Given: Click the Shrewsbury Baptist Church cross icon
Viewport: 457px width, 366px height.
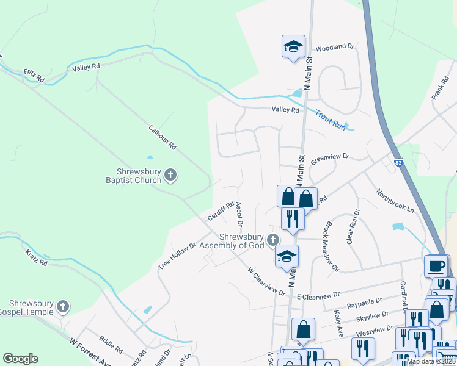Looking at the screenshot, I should pyautogui.click(x=170, y=176).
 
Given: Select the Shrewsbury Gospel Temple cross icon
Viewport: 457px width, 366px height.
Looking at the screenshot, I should pyautogui.click(x=62, y=307).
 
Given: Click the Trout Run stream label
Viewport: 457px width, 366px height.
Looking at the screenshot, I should pyautogui.click(x=331, y=120).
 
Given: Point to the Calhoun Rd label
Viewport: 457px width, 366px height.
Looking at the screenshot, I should pyautogui.click(x=163, y=137).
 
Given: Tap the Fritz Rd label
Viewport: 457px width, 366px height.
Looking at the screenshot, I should pyautogui.click(x=34, y=76).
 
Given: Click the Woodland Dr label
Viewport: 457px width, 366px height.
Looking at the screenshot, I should pyautogui.click(x=335, y=46).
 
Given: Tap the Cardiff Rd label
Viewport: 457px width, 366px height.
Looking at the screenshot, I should pyautogui.click(x=221, y=211).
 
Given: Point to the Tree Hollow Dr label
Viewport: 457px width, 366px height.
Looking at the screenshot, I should pyautogui.click(x=177, y=256).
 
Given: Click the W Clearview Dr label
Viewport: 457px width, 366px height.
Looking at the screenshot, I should pyautogui.click(x=266, y=281).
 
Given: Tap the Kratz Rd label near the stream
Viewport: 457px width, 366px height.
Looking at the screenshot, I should pyautogui.click(x=35, y=257).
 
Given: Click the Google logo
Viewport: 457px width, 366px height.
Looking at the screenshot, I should pyautogui.click(x=20, y=359).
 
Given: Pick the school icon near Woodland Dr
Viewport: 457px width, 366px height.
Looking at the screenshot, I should pyautogui.click(x=293, y=46).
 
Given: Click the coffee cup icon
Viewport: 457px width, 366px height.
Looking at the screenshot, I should pyautogui.click(x=436, y=266).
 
